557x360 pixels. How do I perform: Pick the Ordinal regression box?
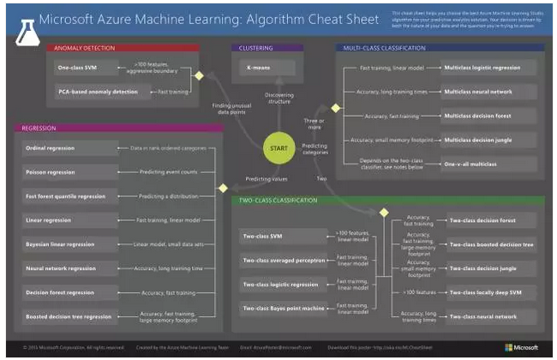coord(68,147)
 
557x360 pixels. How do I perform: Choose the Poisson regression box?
coord(68,171)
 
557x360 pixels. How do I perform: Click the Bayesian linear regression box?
coord(68,243)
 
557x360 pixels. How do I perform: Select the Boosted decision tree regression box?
coord(68,315)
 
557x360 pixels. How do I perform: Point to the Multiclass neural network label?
coord(480,90)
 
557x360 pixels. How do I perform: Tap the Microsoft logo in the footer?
coord(520,347)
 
